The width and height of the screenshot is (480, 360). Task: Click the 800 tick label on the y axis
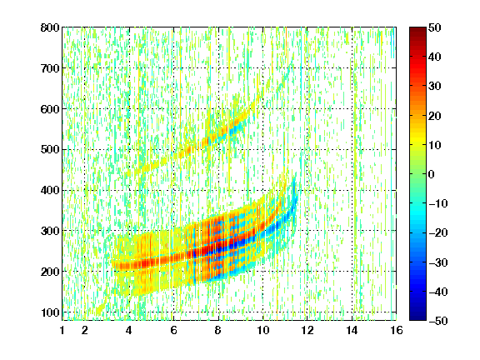pos(50,27)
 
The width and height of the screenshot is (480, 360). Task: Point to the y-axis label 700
pos(50,68)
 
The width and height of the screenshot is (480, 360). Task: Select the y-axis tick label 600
pos(50,109)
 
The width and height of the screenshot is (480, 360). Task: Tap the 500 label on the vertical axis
pos(50,150)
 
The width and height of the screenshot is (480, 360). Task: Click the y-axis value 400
pos(50,190)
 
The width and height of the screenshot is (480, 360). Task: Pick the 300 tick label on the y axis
pos(50,231)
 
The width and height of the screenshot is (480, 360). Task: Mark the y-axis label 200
pos(50,272)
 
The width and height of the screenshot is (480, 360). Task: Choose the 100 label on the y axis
pos(50,312)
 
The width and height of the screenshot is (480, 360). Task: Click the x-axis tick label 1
pos(62,330)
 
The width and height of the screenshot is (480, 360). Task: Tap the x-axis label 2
pos(85,330)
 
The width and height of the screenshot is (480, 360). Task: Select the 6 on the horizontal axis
pos(173,330)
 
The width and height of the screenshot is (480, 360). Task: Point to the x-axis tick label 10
pos(262,330)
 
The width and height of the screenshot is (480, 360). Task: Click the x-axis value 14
pos(352,330)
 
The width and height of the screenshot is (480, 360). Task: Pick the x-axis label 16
pos(397,330)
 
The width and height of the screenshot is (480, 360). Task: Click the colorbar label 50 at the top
pos(434,27)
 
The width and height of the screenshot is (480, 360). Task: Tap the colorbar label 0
pos(432,174)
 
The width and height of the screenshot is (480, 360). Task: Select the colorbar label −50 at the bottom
pos(438,321)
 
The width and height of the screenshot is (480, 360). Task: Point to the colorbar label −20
pos(438,233)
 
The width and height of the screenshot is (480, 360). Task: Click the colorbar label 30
pos(434,87)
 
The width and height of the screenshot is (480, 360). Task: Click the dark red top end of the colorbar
pos(417,30)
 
